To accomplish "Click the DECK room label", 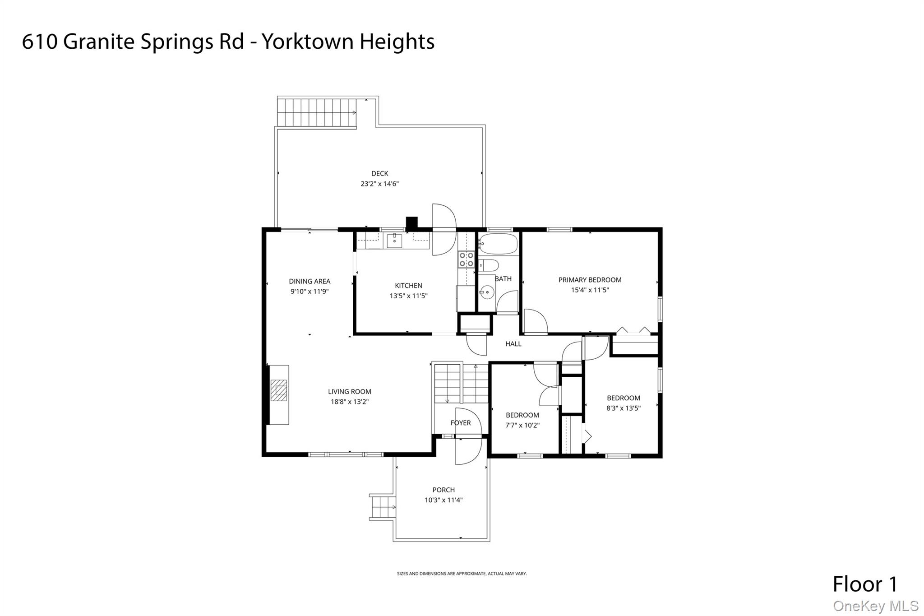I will point(379,173).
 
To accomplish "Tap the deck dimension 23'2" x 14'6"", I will point(379,184).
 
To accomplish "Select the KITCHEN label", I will point(408,286).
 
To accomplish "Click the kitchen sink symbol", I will point(394,241).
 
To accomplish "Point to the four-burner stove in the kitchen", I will point(466,259).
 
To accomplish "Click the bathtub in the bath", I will point(498,244).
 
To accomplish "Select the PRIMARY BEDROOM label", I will point(590,280).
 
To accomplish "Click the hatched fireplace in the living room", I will point(278,390).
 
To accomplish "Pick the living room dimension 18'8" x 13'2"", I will point(350,402).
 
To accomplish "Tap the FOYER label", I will point(460,423).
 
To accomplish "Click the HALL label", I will point(513,344).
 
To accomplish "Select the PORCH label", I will point(444,490).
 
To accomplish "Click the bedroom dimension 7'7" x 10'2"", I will point(522,425).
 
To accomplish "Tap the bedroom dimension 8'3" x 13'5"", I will point(623,408).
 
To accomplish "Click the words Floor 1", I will point(865,584).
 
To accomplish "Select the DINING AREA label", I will point(310,281).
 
